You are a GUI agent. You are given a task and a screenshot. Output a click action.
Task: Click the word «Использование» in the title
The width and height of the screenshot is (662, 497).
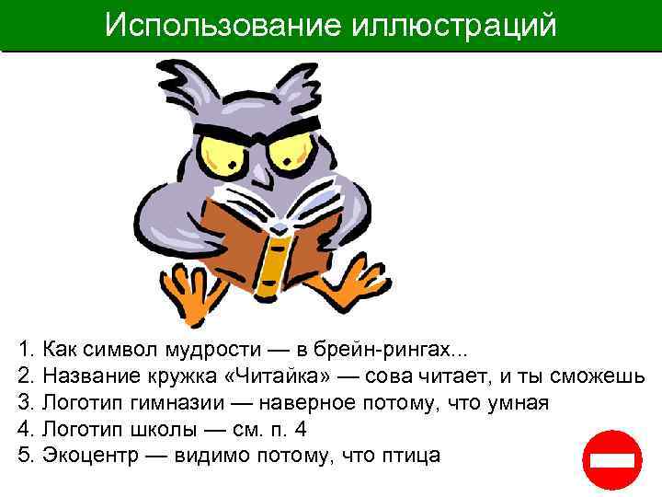pyautogui.click(x=224, y=25)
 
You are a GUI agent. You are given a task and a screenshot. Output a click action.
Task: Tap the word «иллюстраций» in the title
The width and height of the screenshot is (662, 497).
pyautogui.click(x=454, y=25)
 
